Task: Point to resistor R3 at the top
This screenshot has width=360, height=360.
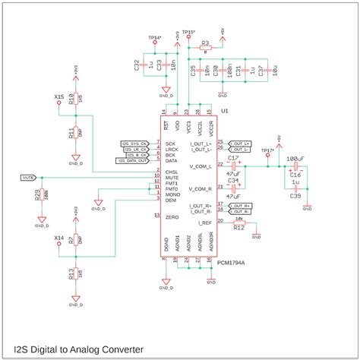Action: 205,45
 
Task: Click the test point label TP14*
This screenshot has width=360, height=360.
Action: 154,36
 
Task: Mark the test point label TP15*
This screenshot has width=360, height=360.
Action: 188,32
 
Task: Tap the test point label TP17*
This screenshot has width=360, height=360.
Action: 267,150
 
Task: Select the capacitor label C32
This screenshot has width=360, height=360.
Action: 135,67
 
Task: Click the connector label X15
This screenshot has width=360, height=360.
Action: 58,96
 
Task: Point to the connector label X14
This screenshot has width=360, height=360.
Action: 58,238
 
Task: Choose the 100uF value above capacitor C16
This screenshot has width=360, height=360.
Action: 295,159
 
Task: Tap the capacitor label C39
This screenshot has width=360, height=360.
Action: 295,195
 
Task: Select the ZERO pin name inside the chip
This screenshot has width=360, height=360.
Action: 172,217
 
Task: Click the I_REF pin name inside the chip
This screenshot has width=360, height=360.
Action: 204,223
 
